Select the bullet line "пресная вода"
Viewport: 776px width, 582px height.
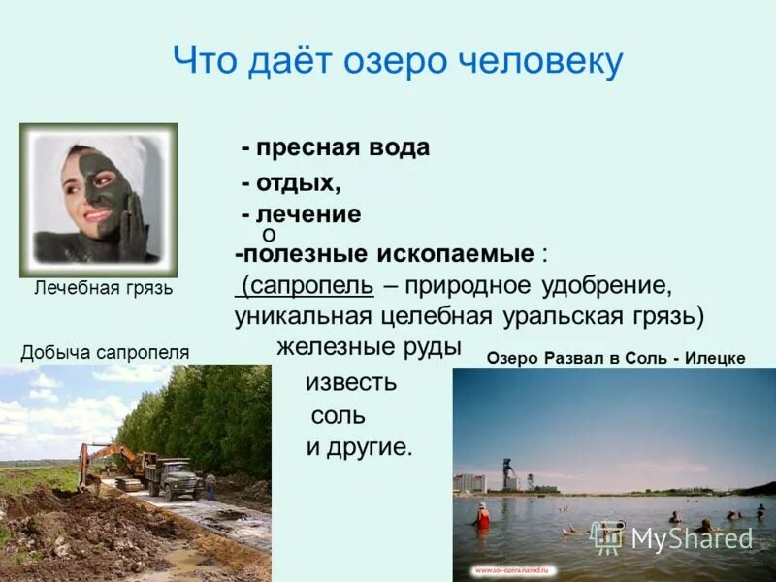[336, 148]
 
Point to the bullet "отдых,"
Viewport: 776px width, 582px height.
[291, 182]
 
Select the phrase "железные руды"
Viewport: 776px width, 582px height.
[369, 347]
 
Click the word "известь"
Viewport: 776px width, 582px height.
[351, 382]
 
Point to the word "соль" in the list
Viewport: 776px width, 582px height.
[338, 416]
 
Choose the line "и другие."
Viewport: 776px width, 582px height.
[360, 448]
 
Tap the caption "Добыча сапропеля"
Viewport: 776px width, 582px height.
[105, 353]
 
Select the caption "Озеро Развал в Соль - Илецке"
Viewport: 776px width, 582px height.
[616, 358]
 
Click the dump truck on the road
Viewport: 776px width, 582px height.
[170, 475]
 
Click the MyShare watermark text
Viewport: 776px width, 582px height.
[691, 538]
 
